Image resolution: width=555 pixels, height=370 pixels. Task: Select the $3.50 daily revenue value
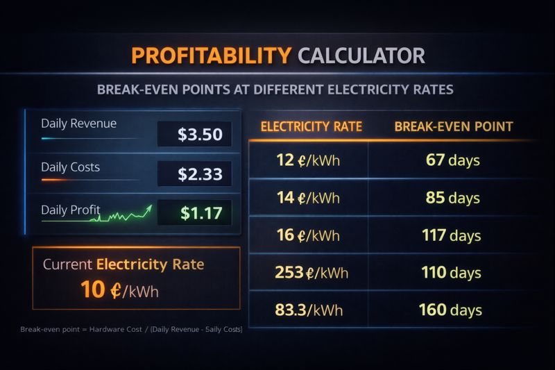point(200,135)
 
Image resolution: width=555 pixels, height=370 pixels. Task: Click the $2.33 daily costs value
point(200,174)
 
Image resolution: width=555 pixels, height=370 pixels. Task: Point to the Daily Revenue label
point(78,124)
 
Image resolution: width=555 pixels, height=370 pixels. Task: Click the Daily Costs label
point(70,167)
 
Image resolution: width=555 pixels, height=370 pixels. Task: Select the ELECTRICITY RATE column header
point(311,126)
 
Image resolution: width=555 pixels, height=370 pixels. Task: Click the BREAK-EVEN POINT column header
point(454,126)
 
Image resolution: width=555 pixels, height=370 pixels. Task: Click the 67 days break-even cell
point(453,160)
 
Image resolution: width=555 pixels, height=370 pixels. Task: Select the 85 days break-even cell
point(453,198)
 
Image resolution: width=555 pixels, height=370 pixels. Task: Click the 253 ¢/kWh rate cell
point(311,272)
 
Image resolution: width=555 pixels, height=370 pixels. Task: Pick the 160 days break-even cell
point(451,310)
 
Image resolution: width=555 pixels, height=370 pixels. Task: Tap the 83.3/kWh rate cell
point(309,310)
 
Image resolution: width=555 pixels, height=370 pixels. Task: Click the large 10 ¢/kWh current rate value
point(119,290)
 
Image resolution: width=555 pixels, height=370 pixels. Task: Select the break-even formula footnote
point(131,328)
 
